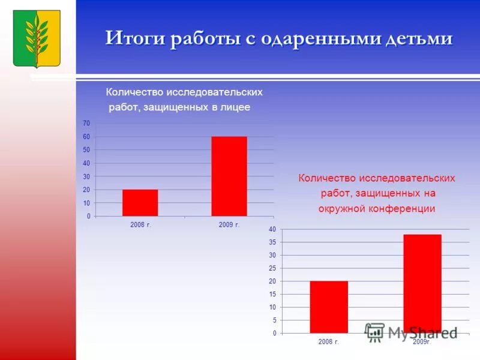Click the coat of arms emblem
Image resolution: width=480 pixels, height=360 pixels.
37,38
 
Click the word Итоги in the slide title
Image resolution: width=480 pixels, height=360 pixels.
136,38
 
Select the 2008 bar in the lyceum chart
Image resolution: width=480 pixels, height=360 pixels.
140,203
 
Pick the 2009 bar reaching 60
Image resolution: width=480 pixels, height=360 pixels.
229,176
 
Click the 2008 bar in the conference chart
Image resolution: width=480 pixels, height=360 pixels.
329,307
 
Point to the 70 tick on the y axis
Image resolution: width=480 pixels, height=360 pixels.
86,123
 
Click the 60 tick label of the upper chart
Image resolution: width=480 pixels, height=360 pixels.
86,137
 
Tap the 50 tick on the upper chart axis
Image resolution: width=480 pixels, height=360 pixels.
86,150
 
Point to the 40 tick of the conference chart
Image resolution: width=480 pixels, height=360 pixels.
272,229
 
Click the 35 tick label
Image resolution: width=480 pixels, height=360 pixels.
272,242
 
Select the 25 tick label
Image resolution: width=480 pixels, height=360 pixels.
272,268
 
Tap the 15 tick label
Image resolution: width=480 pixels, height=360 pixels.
272,294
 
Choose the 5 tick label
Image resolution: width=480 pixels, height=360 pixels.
274,320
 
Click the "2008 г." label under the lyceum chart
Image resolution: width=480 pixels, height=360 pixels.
140,224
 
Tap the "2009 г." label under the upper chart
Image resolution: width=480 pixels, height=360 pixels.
229,224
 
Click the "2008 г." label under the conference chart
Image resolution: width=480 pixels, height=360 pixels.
329,341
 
